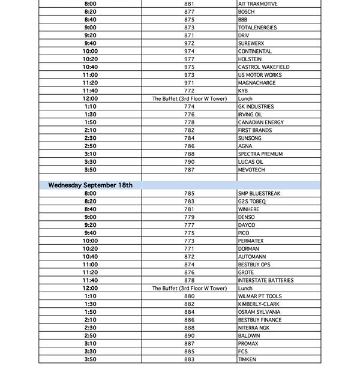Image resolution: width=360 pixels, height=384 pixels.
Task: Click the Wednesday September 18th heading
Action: (91, 185)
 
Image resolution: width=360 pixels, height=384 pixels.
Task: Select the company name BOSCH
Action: (246, 12)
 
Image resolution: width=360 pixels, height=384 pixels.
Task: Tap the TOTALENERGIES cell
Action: (258, 28)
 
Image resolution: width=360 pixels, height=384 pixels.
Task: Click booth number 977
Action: (189, 59)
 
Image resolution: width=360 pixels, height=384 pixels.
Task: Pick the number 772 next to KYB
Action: (189, 91)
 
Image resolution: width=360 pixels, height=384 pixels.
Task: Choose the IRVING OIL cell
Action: (250, 115)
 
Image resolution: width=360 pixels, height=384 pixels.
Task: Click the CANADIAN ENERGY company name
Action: (261, 122)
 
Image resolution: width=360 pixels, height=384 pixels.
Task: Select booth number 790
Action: (189, 162)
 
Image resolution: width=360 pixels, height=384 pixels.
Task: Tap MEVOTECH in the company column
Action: (251, 170)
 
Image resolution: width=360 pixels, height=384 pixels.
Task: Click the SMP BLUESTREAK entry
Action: (259, 194)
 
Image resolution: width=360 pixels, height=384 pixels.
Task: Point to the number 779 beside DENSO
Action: (189, 217)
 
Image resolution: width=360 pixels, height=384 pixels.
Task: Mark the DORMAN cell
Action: (248, 249)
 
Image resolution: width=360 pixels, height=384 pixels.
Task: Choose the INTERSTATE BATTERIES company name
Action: (266, 280)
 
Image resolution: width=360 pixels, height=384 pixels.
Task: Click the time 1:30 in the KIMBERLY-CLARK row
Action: (91, 304)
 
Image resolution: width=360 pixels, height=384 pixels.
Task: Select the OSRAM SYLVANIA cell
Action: (259, 312)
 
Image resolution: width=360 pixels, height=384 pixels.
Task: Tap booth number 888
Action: (189, 328)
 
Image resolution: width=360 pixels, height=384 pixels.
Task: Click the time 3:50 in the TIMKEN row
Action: (91, 359)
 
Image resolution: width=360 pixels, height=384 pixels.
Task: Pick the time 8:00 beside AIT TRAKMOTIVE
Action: (91, 4)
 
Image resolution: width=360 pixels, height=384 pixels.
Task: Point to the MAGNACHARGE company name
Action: (257, 83)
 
